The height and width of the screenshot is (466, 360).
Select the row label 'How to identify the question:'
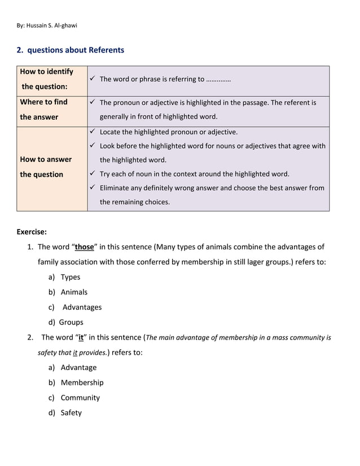click(46, 79)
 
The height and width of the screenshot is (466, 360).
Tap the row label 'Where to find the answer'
click(43, 109)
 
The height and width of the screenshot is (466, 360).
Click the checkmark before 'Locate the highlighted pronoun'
click(93, 132)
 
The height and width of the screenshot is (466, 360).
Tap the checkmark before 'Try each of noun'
click(93, 174)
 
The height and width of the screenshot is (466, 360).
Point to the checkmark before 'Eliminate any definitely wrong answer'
click(93, 188)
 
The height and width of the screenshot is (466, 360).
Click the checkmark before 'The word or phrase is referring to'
click(93, 79)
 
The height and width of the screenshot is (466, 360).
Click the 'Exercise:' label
click(32, 231)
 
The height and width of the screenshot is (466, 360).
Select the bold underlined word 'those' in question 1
click(85, 247)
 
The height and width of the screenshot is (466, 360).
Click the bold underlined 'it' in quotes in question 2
click(81, 338)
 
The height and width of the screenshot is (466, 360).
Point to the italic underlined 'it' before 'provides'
click(75, 353)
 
